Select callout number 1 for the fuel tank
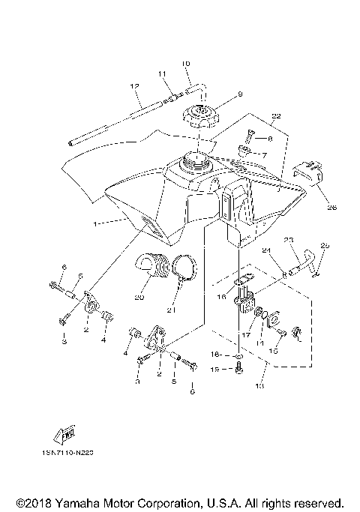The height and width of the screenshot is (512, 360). coord(94,223)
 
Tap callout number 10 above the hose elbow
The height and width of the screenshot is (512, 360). coord(186,64)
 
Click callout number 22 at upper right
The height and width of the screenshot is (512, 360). coord(276,116)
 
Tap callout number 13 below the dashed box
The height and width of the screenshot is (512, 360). coord(260,388)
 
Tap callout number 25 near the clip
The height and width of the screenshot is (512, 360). coord(324,245)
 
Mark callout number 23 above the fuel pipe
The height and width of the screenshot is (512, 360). coord(288,241)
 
